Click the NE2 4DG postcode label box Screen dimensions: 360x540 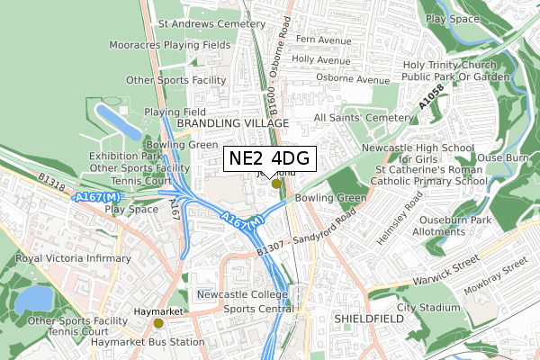(269, 159)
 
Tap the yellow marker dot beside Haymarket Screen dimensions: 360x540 (159, 323)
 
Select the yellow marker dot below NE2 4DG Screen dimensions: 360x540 (276, 184)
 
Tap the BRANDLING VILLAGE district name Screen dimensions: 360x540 (232, 122)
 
